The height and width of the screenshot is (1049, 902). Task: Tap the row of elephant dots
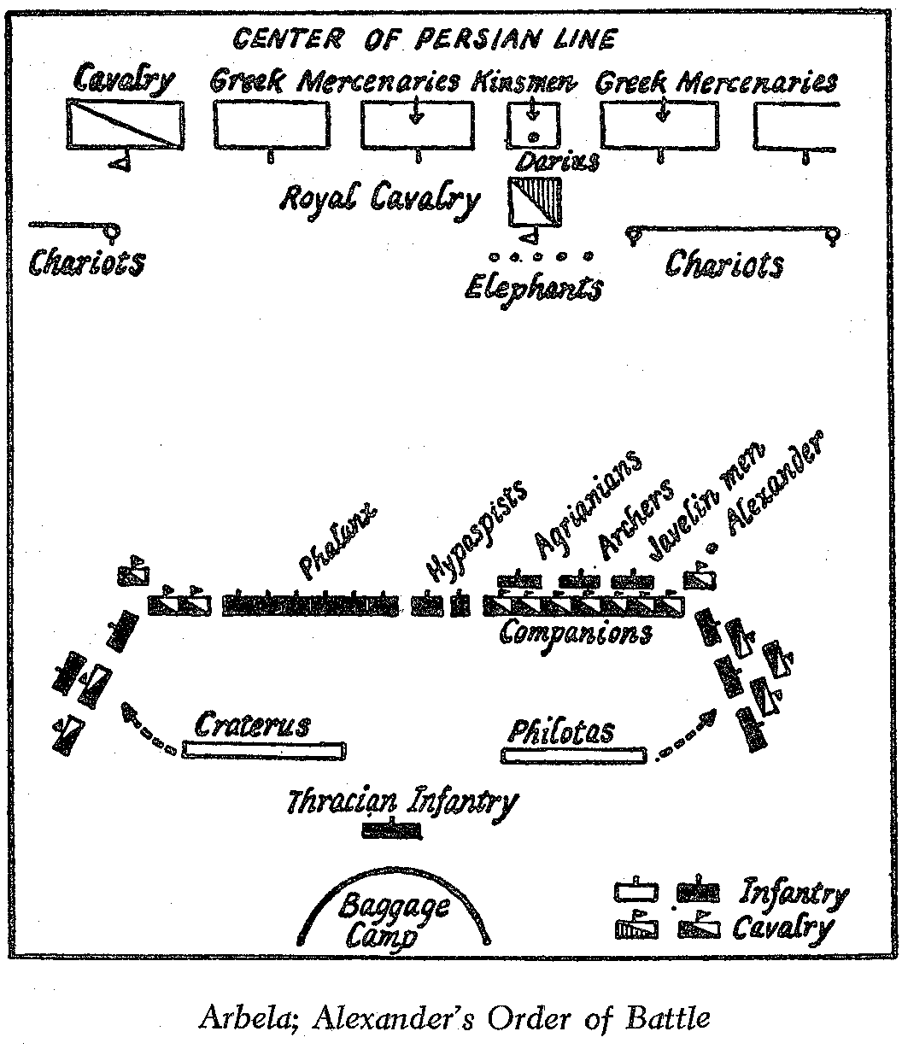tap(539, 255)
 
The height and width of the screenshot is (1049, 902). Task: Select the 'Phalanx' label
tap(337, 540)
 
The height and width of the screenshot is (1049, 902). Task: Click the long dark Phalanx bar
tap(311, 604)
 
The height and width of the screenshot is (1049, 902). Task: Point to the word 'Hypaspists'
tap(476, 529)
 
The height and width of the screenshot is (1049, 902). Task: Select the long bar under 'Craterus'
tap(265, 751)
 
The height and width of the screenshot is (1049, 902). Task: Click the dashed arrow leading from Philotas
tap(683, 737)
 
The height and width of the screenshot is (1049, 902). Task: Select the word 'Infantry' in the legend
tap(793, 894)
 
